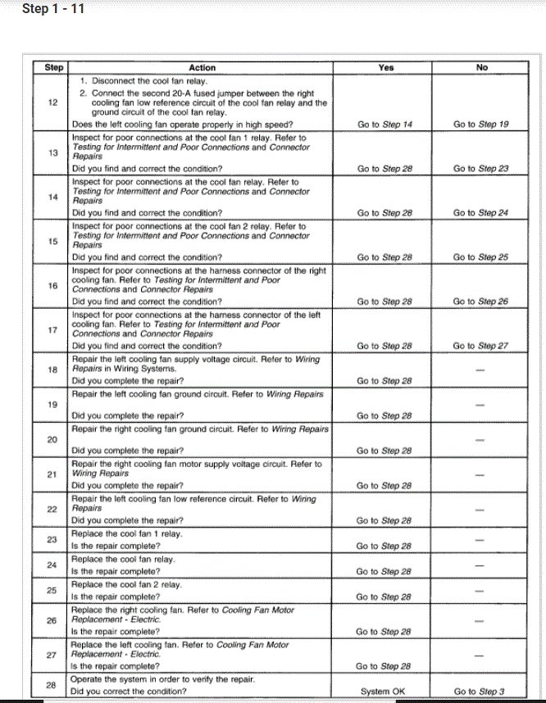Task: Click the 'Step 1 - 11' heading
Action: [53, 10]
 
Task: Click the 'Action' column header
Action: [202, 68]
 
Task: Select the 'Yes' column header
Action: [386, 68]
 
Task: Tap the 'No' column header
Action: [481, 68]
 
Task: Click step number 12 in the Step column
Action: [52, 103]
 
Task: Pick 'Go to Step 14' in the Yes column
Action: [385, 125]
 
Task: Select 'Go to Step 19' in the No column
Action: [481, 125]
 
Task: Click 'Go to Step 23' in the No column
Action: [481, 169]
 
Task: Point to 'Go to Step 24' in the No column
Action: [481, 213]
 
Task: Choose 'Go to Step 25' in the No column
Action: [481, 257]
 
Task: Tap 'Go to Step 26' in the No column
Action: [481, 302]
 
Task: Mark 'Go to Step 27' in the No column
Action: [481, 346]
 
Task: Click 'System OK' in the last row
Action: [383, 692]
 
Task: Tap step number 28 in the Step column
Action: [52, 686]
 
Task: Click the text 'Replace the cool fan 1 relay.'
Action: [127, 534]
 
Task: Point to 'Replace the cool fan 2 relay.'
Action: [127, 585]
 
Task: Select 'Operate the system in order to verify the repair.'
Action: [166, 679]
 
